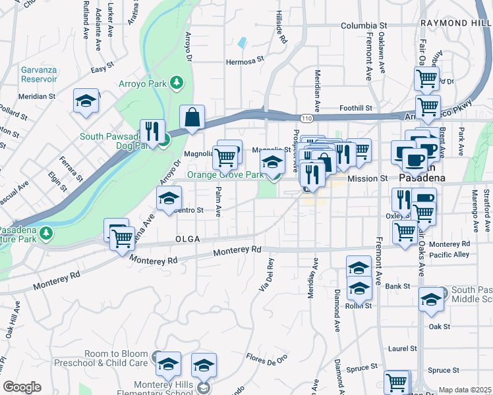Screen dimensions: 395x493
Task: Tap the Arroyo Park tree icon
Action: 176,82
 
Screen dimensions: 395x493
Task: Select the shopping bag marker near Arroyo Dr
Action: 192,118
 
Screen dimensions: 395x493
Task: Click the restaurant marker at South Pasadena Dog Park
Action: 153,131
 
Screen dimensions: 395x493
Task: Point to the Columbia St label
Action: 363,26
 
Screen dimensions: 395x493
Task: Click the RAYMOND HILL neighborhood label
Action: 455,22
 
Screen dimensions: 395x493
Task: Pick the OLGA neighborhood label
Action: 187,238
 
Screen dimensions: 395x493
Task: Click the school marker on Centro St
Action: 169,197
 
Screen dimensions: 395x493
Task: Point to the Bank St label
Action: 397,286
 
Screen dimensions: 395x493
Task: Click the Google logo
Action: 22,387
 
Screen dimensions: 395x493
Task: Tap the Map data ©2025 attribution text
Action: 465,390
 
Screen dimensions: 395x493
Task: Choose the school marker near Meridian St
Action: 86,101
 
